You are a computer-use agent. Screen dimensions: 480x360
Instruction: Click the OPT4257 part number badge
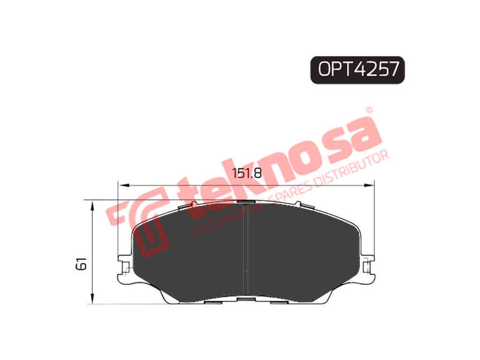[357, 70]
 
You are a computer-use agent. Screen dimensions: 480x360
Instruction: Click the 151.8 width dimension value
[247, 173]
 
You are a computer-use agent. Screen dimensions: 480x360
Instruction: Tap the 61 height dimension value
[82, 263]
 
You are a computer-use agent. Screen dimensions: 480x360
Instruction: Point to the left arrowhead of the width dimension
[123, 185]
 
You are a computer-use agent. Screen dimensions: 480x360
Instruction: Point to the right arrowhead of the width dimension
[369, 185]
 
